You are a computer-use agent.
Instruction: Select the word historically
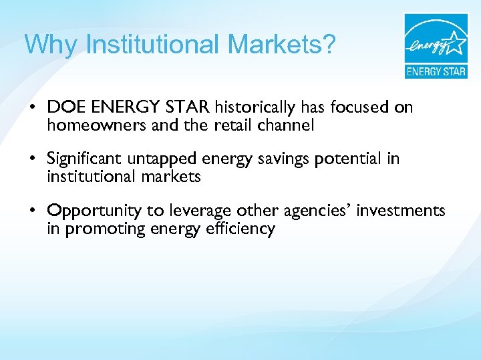tap(256, 107)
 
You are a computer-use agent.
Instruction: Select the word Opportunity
tap(95, 212)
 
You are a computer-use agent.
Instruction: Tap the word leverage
tap(200, 212)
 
